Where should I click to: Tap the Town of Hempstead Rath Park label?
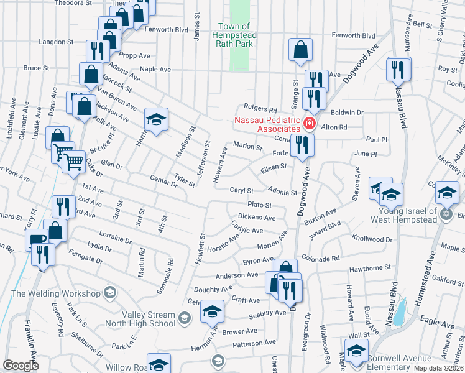click(235, 35)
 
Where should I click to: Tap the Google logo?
click(21, 366)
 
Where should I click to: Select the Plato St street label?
click(260, 205)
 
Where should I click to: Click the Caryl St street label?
click(242, 191)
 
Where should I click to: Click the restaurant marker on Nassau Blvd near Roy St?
click(398, 69)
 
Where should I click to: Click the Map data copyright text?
click(437, 368)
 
